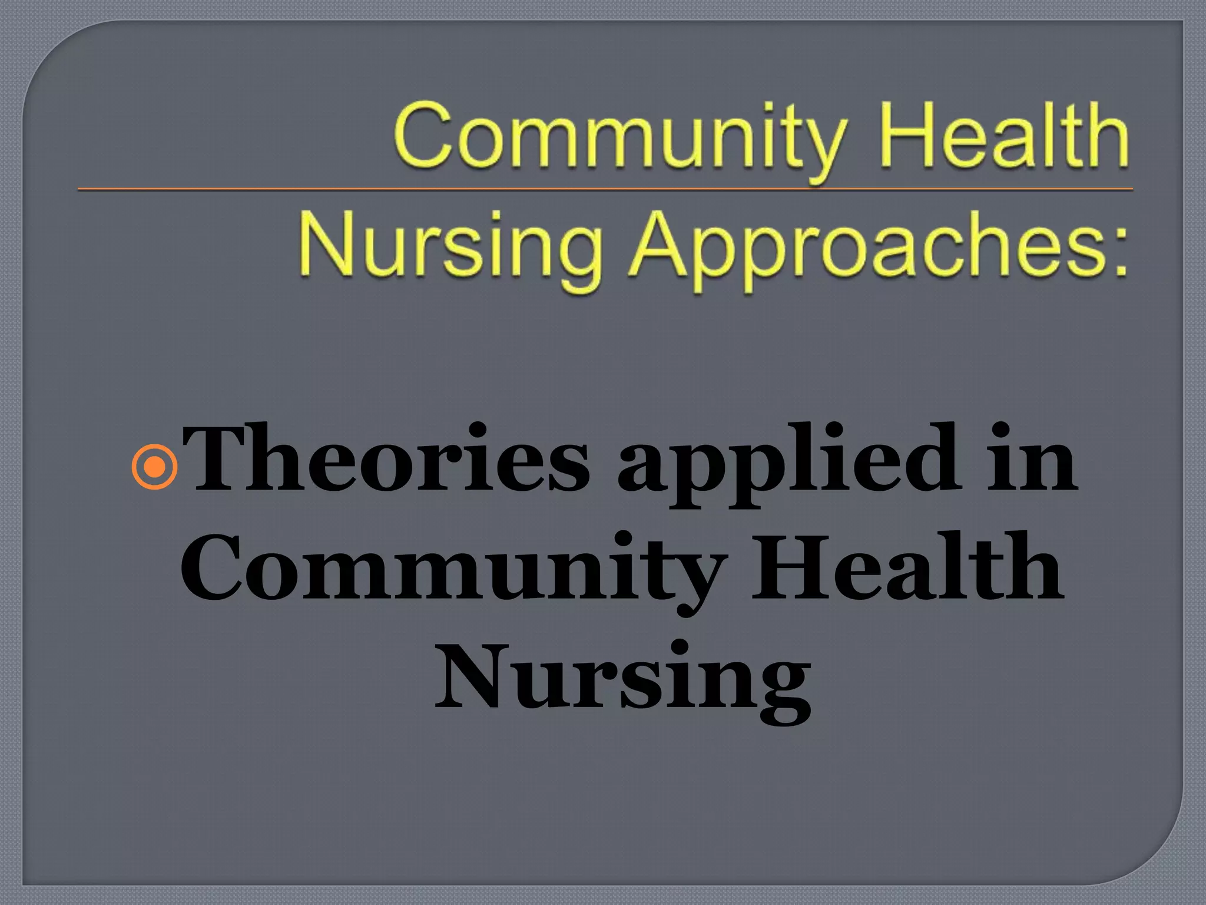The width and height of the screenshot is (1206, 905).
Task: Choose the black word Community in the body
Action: pos(450,569)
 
